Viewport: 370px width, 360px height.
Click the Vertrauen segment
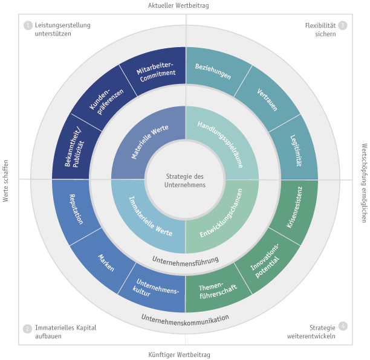click(266, 99)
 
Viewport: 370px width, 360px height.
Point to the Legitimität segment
click(296, 151)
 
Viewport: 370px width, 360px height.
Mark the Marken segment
click(105, 261)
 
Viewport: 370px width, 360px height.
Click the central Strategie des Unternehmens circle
click(185, 180)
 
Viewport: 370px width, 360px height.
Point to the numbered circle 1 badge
click(28, 25)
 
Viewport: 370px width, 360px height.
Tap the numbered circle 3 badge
click(342, 25)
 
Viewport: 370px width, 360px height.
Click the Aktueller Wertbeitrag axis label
click(178, 5)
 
